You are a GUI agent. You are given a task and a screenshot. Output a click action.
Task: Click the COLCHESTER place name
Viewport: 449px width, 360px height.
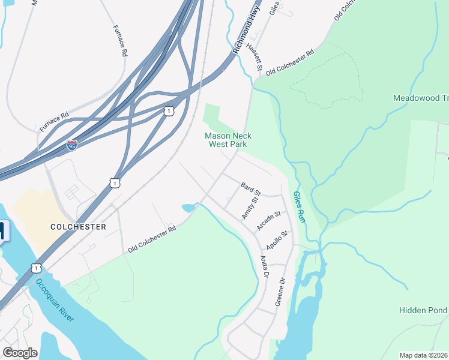click(x=78, y=227)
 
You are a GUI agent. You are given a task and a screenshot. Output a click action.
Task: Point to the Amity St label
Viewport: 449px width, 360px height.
click(x=250, y=206)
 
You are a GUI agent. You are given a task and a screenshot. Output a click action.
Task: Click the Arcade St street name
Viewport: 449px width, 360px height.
click(x=269, y=220)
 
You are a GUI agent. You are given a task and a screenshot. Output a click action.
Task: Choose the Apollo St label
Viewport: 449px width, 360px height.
click(x=277, y=239)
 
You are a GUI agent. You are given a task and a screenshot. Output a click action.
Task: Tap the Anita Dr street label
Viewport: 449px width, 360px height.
click(x=264, y=267)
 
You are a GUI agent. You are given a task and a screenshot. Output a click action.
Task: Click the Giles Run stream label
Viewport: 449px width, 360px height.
click(x=300, y=208)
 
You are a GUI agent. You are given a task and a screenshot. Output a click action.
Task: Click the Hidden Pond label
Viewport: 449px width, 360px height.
click(x=423, y=310)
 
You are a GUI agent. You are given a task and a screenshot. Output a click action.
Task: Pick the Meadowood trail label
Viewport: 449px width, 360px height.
click(x=420, y=98)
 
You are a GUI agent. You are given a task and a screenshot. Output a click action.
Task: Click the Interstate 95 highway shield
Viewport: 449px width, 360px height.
click(x=71, y=145)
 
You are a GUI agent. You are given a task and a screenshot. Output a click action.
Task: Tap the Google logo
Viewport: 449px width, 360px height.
click(x=20, y=352)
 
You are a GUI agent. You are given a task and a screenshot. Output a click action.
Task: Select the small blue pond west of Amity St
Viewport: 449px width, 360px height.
click(x=188, y=208)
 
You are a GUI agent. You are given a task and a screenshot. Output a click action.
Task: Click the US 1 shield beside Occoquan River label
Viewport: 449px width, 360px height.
click(x=37, y=268)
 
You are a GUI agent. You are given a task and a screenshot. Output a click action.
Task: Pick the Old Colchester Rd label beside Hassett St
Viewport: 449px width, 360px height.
click(x=290, y=62)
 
